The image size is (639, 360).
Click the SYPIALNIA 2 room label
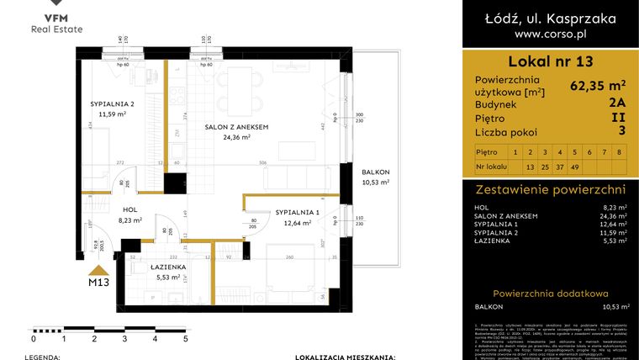coord(113,104)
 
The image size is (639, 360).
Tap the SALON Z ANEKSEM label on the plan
coord(236,127)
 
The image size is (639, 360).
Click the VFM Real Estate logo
coord(58,22)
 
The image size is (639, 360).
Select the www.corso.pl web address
coord(550,34)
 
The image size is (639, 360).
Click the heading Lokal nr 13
coord(550,61)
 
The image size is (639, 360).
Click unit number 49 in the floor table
coord(574,167)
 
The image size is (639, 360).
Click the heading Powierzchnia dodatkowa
coord(550,292)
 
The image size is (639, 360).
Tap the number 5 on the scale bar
coord(186,339)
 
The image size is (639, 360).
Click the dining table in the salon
coord(251,82)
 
